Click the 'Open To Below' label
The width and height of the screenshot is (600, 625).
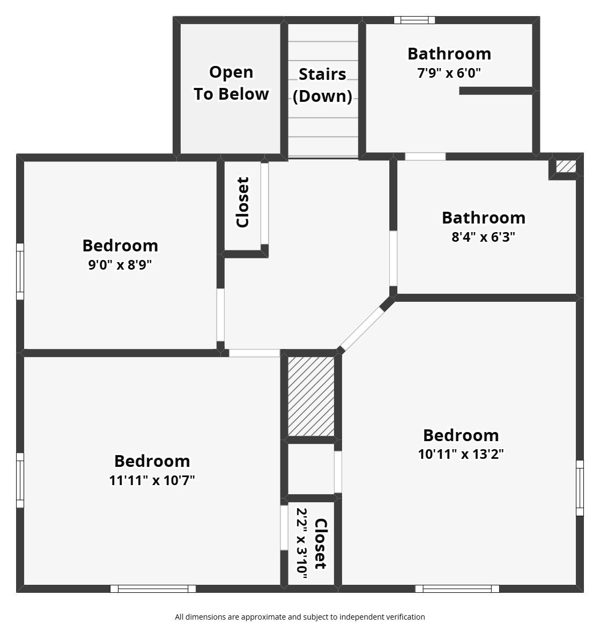231,83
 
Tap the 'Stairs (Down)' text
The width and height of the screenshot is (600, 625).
323,85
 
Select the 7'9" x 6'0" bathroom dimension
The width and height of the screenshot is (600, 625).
449,73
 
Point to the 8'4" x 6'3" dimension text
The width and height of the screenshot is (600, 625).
483,237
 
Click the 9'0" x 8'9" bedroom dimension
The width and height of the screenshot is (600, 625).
120,265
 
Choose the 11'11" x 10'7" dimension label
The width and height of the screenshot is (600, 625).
152,480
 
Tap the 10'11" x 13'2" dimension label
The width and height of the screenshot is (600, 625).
461,454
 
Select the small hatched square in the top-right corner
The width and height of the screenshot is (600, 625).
566,166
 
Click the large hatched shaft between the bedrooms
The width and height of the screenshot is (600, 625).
311,396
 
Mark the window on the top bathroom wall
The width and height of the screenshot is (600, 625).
414,20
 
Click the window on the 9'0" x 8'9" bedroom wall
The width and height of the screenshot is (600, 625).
20,271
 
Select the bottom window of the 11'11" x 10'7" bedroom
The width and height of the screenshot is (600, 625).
153,589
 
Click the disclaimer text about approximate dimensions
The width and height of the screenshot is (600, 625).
300,617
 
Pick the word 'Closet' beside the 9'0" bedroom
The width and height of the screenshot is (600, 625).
242,203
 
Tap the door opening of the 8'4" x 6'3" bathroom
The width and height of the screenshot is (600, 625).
393,258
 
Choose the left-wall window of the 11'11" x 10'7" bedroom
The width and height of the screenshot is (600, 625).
20,480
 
